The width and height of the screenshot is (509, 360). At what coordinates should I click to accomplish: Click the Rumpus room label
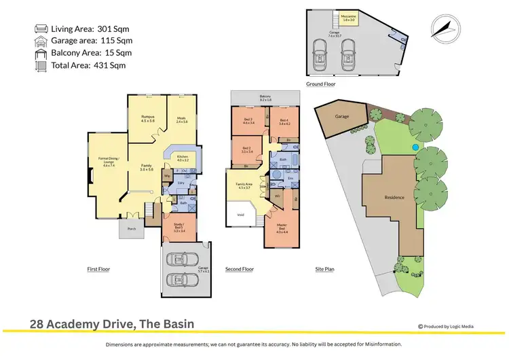pos(147,118)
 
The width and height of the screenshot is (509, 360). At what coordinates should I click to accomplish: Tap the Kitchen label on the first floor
pos(182,158)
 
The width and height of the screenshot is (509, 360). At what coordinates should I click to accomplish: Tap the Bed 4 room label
pos(284,122)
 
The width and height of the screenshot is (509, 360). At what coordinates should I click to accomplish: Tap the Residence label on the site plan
pos(394,198)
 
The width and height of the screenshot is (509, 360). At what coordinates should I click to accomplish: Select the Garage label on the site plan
pos(341,116)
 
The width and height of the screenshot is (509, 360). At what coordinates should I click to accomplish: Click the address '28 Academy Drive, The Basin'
pos(112,325)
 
